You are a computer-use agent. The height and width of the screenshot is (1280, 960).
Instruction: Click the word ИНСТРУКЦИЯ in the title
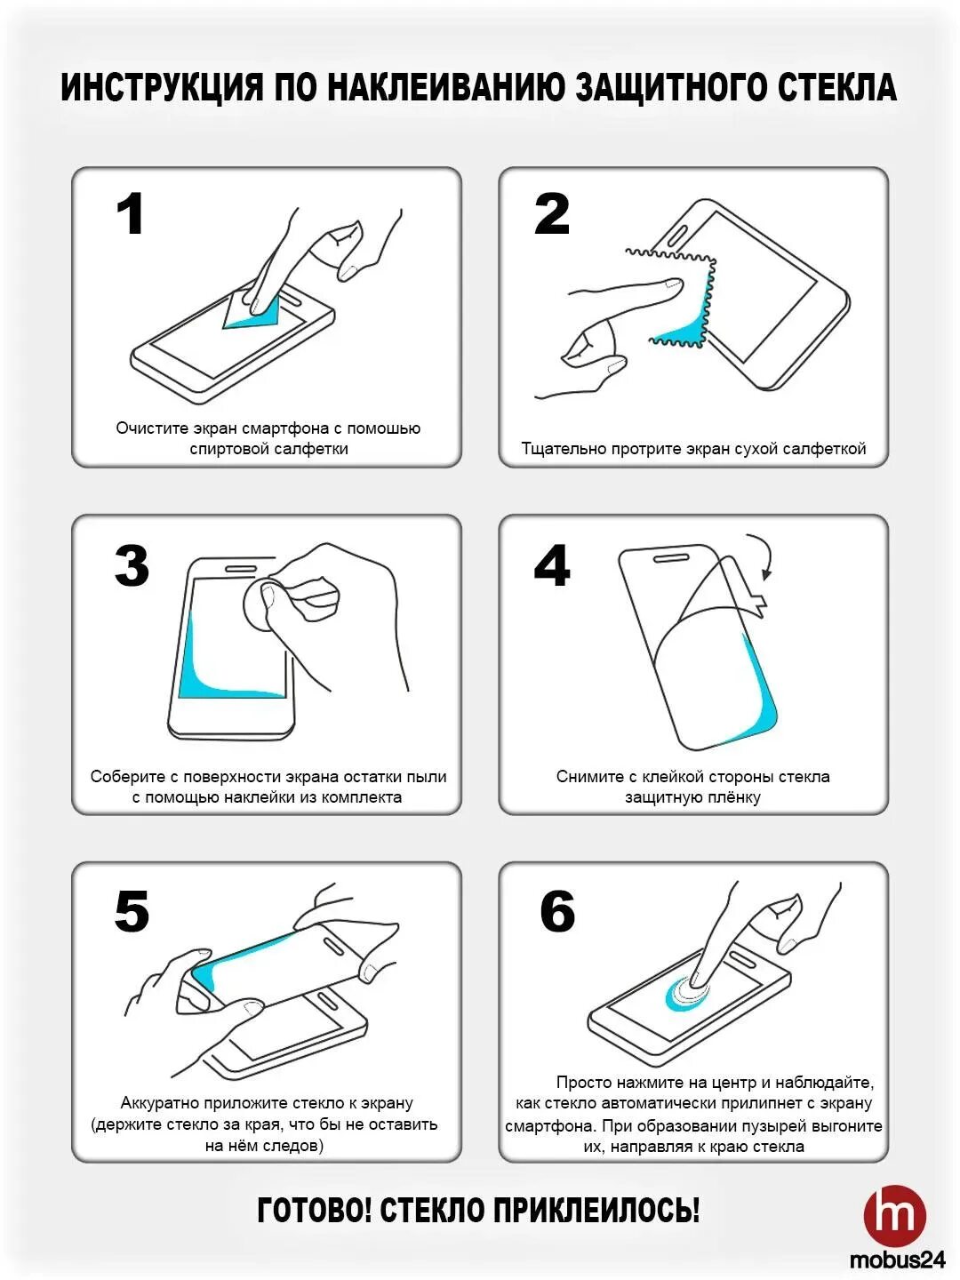[162, 87]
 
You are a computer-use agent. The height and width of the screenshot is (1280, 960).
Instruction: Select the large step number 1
[130, 214]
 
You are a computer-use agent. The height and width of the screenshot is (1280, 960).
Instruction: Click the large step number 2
[551, 214]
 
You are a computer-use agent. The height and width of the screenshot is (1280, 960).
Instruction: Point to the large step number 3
[132, 565]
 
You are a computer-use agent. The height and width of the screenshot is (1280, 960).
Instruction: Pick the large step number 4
[551, 564]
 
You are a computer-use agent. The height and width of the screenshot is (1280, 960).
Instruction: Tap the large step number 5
[132, 911]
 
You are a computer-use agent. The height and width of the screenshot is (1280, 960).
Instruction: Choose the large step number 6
[557, 911]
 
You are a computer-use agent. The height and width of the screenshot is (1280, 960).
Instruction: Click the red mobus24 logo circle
[895, 1216]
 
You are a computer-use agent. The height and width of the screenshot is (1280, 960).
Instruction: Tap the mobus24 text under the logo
[897, 1260]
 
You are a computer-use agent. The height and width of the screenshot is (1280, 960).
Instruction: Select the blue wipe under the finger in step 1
[253, 314]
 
